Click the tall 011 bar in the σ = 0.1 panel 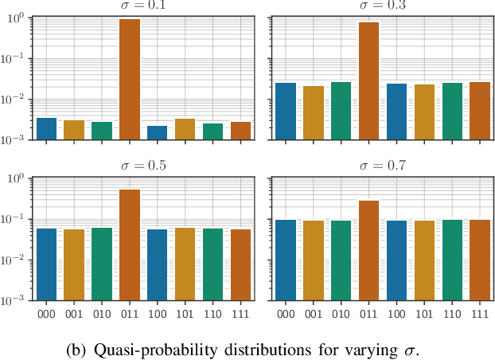[x=129, y=80]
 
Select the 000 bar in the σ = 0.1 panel [x=46, y=129]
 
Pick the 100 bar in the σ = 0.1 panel [x=157, y=133]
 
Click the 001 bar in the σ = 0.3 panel [x=313, y=112]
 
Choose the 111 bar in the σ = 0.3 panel [x=479, y=111]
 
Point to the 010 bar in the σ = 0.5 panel [x=102, y=264]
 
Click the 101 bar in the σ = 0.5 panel [x=185, y=264]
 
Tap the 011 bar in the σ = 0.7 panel [x=368, y=250]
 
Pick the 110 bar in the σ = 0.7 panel [x=451, y=260]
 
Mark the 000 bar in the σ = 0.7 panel [x=286, y=260]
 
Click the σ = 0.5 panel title [x=143, y=166]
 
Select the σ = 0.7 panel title [x=382, y=166]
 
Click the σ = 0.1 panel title [x=143, y=4]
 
